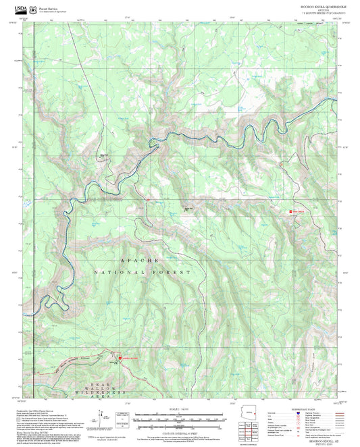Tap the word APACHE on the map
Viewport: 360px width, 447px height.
point(139,260)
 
